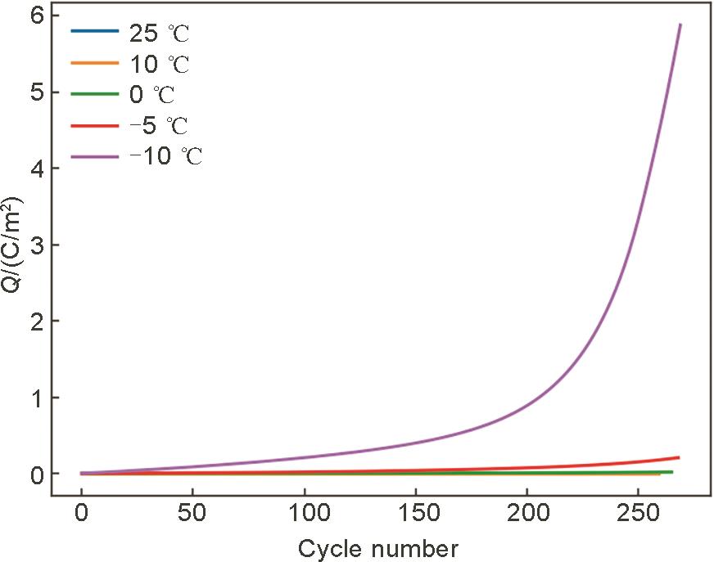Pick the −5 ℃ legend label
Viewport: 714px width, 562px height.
coord(158,125)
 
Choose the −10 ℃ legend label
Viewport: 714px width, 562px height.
coord(165,155)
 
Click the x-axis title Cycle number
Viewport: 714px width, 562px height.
coord(377,547)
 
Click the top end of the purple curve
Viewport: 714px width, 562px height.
coord(680,25)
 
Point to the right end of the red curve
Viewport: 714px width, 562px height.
coord(679,457)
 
